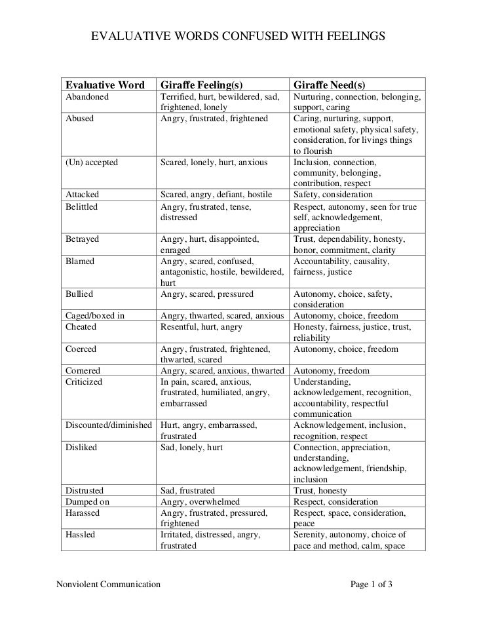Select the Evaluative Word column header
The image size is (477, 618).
pyautogui.click(x=104, y=86)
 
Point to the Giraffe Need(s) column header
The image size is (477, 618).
pyautogui.click(x=329, y=86)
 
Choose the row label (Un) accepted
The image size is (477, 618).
pyautogui.click(x=91, y=162)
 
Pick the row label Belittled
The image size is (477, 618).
pyautogui.click(x=82, y=206)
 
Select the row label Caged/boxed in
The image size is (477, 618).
pyautogui.click(x=95, y=315)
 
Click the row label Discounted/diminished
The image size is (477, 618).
pyautogui.click(x=109, y=425)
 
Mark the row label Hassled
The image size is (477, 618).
pyautogui.click(x=80, y=534)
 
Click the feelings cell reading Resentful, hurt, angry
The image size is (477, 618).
pyautogui.click(x=202, y=326)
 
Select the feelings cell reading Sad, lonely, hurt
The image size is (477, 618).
pyautogui.click(x=192, y=448)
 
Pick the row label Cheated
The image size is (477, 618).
pyautogui.click(x=81, y=326)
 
